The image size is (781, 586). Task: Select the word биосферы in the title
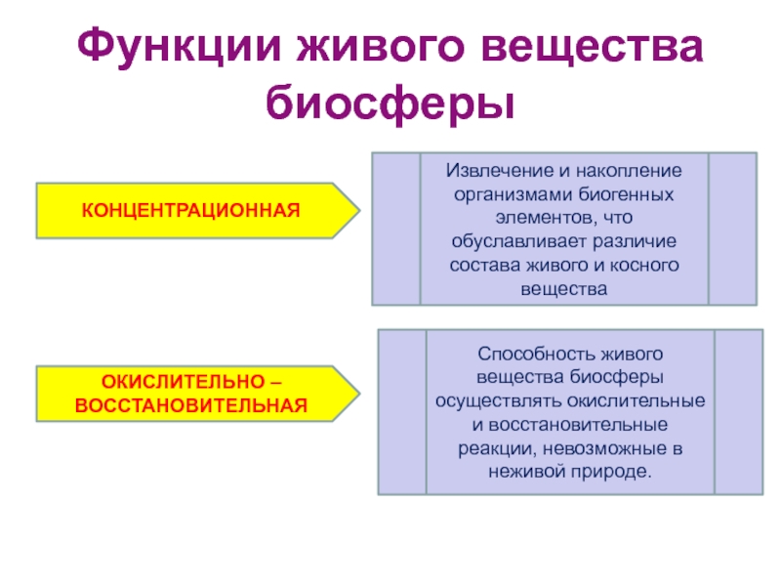click(x=390, y=102)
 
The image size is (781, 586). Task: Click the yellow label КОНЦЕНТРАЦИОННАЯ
click(x=189, y=210)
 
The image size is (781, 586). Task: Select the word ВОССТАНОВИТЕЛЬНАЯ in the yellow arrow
click(x=191, y=403)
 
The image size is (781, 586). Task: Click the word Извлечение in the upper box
click(x=491, y=171)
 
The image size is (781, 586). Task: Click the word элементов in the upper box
click(x=535, y=217)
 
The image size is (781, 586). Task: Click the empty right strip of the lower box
click(x=738, y=411)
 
